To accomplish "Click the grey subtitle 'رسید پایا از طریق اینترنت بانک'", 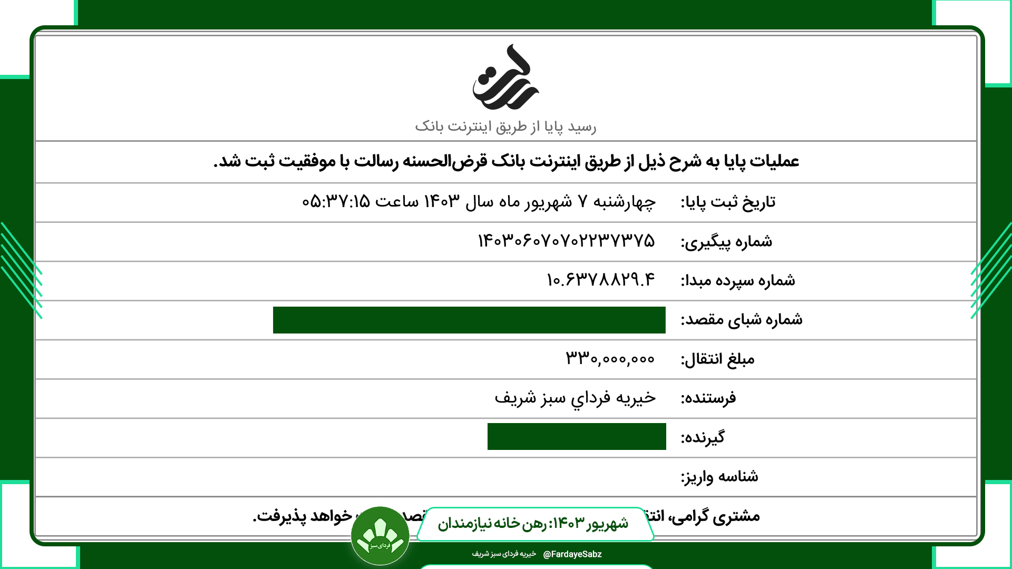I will tap(505, 127).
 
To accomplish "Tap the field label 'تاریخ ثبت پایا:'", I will tap(728, 202).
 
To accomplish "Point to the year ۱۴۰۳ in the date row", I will tap(442, 201).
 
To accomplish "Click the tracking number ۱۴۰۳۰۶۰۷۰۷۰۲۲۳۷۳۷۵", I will tap(566, 241).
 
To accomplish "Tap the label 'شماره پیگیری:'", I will tap(726, 242).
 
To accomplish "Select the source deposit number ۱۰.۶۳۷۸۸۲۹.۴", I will tap(601, 280).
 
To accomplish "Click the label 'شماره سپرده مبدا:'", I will tap(738, 281).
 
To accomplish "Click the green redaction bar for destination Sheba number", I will tap(469, 320).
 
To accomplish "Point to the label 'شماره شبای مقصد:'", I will tap(741, 320).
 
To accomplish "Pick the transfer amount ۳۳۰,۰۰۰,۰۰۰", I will tap(610, 359).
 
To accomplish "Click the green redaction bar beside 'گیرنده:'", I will tap(577, 436).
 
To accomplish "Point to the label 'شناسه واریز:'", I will tap(719, 477).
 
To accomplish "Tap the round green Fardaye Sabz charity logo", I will tap(380, 536).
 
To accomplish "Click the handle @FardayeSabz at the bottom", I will tap(572, 554).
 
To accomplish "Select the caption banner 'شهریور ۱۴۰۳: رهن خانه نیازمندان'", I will tap(533, 524).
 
